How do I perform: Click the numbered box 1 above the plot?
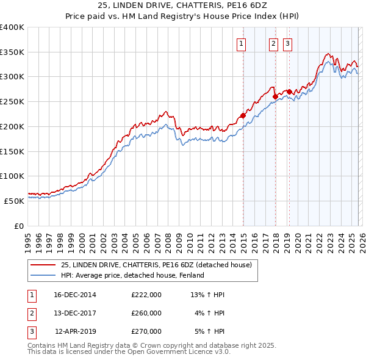tap(242, 43)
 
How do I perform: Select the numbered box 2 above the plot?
tap(273, 43)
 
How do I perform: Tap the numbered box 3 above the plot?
tap(287, 43)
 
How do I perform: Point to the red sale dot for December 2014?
tap(243, 115)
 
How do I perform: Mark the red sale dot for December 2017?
tap(275, 96)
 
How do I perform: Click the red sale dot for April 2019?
tap(289, 92)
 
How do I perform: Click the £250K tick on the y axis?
tap(12, 101)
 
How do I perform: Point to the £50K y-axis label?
tap(13, 201)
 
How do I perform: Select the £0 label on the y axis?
tap(20, 226)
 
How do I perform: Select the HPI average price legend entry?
tap(132, 275)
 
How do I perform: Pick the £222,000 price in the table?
tap(146, 295)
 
